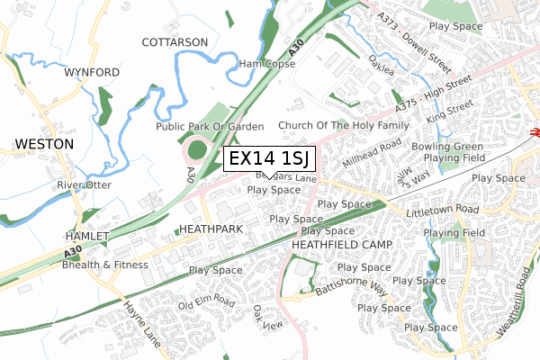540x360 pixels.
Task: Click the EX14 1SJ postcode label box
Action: (269, 159)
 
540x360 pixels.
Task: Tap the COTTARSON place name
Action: (175, 42)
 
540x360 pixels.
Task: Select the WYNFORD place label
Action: (92, 72)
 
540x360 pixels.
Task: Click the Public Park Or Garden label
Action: (210, 127)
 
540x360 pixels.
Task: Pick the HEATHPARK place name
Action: (212, 229)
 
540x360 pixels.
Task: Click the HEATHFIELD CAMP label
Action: (339, 244)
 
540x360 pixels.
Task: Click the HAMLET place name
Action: (86, 236)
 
